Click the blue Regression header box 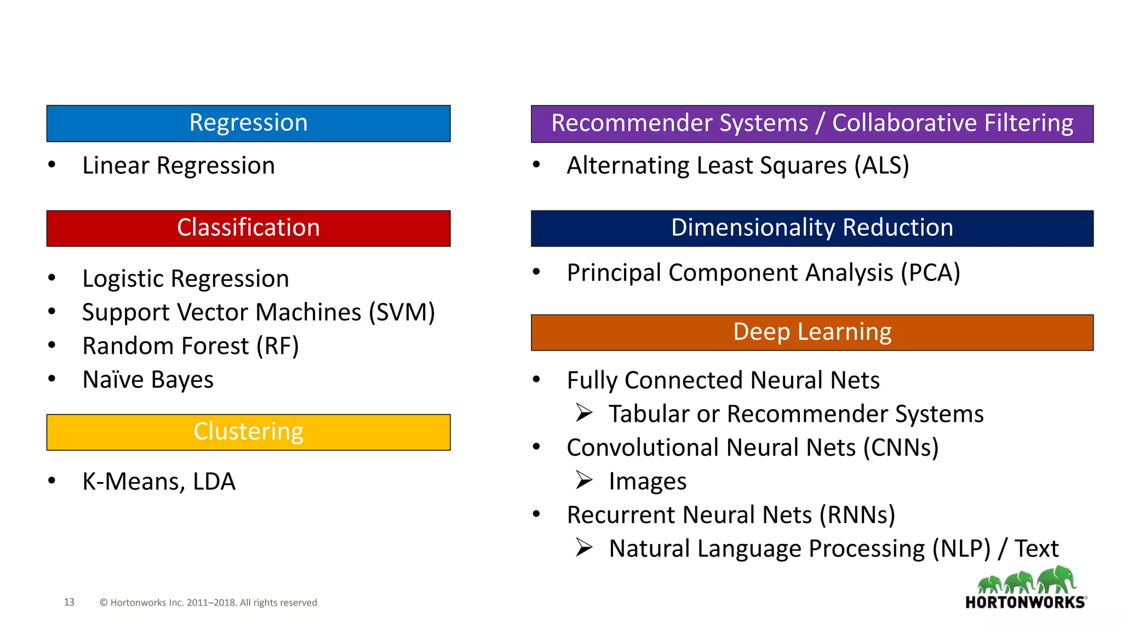click(248, 123)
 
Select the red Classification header click(248, 228)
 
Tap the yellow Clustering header click(248, 432)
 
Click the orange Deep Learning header click(812, 332)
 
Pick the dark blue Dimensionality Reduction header click(812, 228)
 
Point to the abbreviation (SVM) click(402, 313)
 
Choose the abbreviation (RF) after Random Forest click(278, 346)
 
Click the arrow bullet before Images click(584, 480)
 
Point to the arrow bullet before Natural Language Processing click(584, 548)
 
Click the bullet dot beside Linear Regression click(52, 164)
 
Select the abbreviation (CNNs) click(901, 448)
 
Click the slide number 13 click(69, 602)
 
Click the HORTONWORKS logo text click(1025, 603)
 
